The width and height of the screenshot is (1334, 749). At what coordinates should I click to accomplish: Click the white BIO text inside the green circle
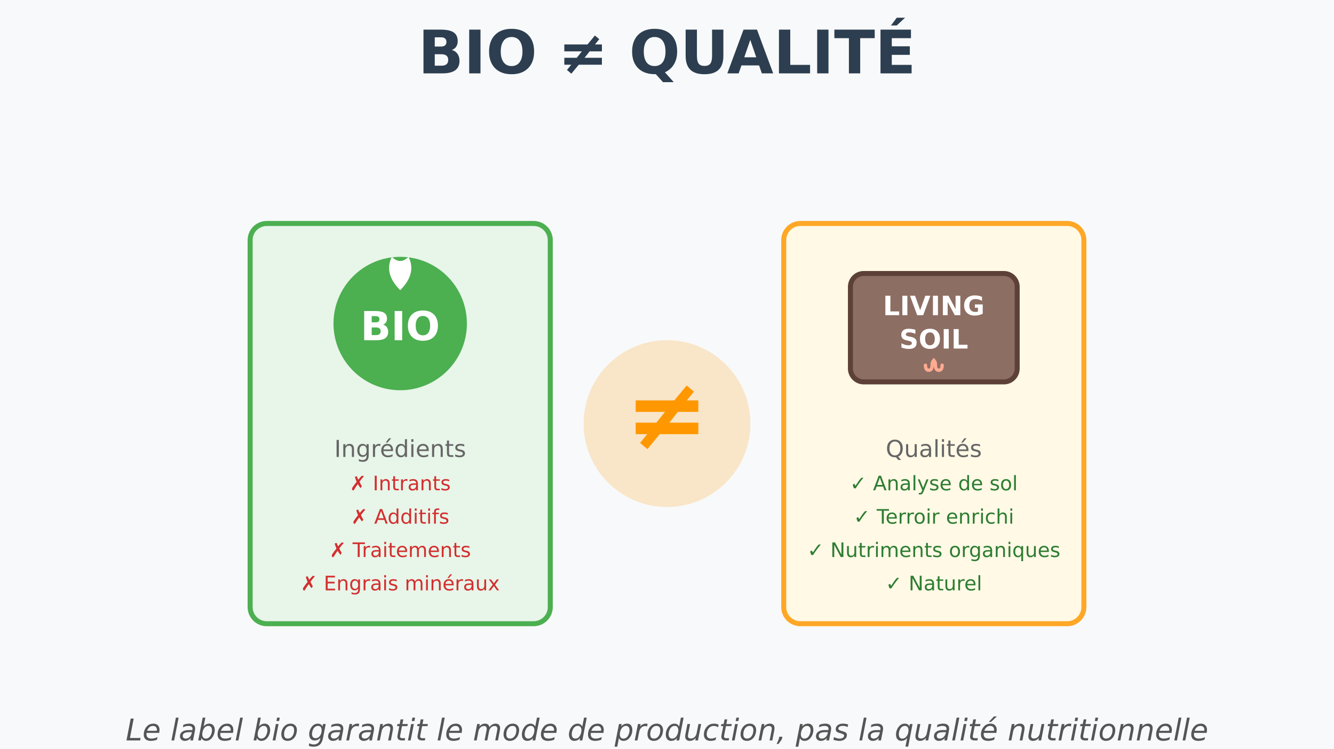click(x=400, y=326)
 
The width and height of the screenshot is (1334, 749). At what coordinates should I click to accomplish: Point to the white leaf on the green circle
click(x=400, y=272)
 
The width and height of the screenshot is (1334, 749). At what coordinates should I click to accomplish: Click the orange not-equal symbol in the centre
click(x=667, y=417)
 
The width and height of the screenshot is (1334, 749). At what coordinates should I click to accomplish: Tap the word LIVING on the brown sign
click(x=933, y=306)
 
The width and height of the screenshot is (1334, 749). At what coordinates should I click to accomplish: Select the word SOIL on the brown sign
click(x=933, y=339)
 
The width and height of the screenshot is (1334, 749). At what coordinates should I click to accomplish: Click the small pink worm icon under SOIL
click(x=934, y=365)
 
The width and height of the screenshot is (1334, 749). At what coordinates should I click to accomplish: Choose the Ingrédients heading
click(x=400, y=449)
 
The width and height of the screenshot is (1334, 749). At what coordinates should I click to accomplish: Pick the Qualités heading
click(x=933, y=449)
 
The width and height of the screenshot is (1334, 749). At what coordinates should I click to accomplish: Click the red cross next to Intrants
click(x=357, y=484)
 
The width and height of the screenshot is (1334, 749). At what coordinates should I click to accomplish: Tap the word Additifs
click(x=411, y=517)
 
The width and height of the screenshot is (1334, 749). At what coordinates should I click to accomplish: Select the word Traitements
click(x=411, y=550)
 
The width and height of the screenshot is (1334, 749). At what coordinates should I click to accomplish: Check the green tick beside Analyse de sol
click(x=857, y=484)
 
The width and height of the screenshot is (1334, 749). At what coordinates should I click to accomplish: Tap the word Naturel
click(x=945, y=584)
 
